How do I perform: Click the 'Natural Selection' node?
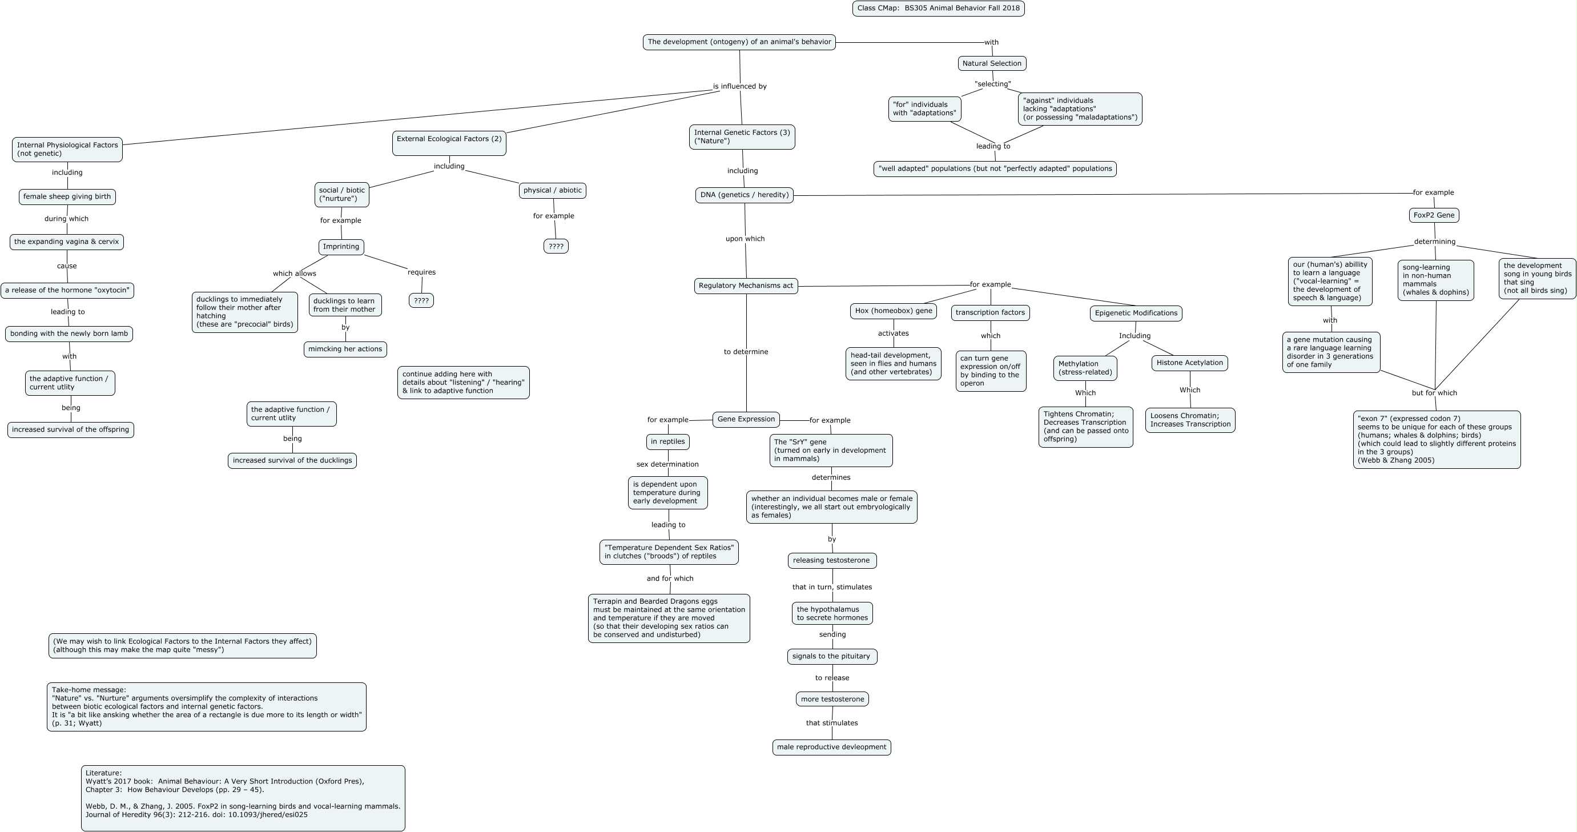coord(992,63)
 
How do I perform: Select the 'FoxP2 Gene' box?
coord(1433,215)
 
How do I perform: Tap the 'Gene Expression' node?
coord(746,419)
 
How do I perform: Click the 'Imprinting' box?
coord(341,247)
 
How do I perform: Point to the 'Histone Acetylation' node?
coord(1189,363)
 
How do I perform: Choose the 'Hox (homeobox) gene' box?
coord(893,311)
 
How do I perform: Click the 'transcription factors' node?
coord(990,313)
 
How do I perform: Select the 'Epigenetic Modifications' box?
coord(1136,313)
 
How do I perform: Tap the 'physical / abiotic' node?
coord(552,190)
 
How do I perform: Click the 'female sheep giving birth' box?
coord(67,196)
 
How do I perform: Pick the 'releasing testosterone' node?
coord(831,560)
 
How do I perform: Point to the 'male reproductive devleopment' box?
coord(831,747)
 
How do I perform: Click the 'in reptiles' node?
coord(667,441)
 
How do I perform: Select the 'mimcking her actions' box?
coord(345,349)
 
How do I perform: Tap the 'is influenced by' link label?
coord(739,86)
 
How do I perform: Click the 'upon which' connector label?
coord(745,239)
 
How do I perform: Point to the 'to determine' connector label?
coord(746,352)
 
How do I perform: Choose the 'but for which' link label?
coord(1434,393)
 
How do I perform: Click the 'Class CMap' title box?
coord(938,9)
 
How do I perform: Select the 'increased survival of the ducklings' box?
coord(292,460)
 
